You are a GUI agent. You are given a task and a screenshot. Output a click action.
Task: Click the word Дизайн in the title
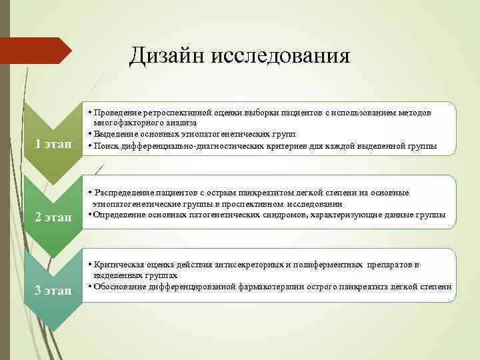pos(167,55)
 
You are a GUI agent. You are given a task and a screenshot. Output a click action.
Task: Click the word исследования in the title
pos(280,55)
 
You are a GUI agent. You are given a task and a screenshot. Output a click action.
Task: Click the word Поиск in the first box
pos(108,145)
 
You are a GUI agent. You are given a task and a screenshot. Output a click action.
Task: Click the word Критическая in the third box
pos(121,264)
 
